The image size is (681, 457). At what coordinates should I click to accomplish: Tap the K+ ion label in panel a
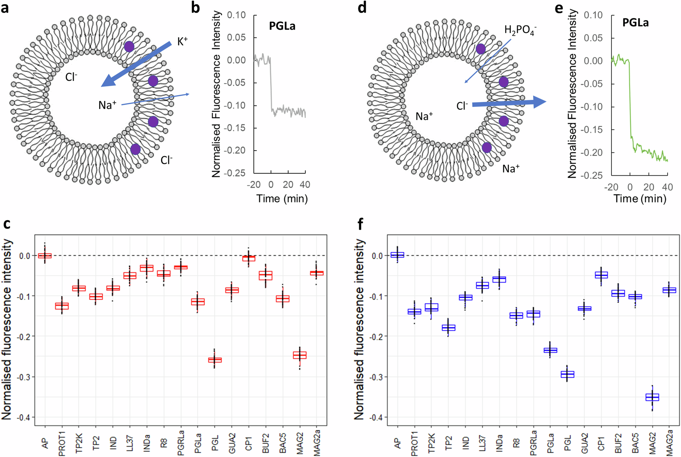click(182, 42)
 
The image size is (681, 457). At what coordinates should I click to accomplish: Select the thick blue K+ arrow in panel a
click(136, 64)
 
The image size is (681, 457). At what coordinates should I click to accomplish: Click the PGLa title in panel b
click(282, 26)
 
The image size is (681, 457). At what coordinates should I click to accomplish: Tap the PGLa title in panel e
click(635, 22)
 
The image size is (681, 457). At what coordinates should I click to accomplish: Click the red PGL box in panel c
click(215, 360)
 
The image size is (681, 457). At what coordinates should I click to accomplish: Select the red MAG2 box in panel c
click(300, 355)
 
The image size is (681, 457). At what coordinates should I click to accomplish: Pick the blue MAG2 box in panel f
click(652, 397)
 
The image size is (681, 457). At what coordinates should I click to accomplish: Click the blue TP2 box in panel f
click(448, 328)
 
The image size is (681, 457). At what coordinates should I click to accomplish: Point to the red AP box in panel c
click(45, 255)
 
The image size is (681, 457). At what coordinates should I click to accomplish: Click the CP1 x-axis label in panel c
click(249, 443)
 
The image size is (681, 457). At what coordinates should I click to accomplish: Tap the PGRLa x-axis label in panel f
click(533, 442)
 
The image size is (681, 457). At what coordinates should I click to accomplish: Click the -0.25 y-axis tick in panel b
click(236, 173)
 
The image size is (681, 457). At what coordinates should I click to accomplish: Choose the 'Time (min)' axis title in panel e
click(640, 199)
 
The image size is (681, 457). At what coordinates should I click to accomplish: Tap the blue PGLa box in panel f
click(550, 350)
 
